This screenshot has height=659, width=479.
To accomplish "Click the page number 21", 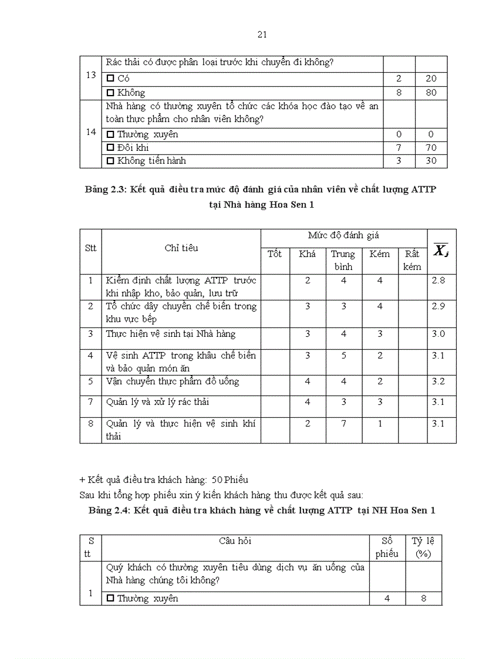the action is (x=262, y=35).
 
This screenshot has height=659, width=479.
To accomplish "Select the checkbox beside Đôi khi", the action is (x=110, y=148).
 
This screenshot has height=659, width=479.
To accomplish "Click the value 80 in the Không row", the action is (x=431, y=93).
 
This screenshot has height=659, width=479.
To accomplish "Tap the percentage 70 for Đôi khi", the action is (x=431, y=148).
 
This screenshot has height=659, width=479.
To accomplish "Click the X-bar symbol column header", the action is (x=441, y=251).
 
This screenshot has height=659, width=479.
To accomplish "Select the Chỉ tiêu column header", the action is (x=181, y=248).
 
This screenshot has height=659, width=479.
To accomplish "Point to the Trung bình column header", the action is (x=343, y=261).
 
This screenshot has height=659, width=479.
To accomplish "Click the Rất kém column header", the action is (x=412, y=261).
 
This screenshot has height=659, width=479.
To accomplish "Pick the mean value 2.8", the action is (x=438, y=281).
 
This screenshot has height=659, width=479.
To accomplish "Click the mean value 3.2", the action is (x=438, y=381).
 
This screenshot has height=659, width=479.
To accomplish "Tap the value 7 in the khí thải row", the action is (x=344, y=424).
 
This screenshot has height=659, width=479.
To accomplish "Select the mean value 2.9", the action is (x=438, y=306).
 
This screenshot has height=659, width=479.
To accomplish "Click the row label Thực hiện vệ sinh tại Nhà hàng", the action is (x=171, y=334).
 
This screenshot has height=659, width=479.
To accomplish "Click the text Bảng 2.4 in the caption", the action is (x=109, y=511).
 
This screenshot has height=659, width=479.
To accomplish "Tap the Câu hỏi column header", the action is (x=235, y=541).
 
